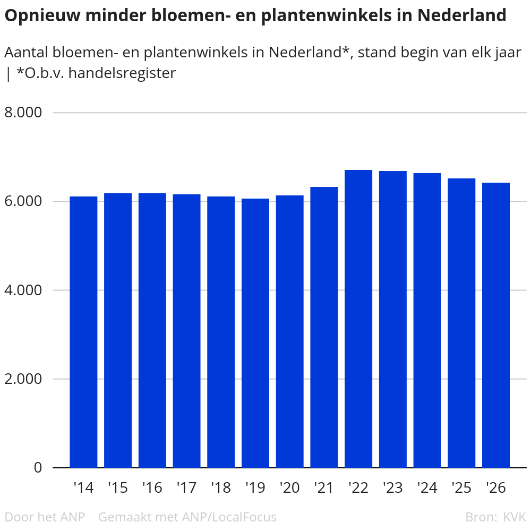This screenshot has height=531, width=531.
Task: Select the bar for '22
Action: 358,319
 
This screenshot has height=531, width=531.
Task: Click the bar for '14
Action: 83,332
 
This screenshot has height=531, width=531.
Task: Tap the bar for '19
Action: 255,333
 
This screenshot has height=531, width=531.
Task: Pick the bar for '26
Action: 496,325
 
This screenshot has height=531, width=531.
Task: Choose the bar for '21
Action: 324,327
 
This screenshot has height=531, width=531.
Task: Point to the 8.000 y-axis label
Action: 23,113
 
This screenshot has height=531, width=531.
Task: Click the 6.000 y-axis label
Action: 23,202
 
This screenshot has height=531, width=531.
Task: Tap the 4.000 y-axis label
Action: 23,290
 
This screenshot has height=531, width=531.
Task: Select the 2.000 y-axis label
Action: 23,379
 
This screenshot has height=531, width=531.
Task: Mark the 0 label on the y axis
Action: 38,468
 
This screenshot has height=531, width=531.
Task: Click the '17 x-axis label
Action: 186,487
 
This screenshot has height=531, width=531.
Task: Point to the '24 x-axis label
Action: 427,487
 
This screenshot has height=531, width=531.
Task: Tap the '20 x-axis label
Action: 289,487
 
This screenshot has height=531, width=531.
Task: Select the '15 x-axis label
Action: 117,487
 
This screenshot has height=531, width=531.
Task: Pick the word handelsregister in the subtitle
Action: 122,73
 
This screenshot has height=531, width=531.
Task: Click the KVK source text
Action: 514,517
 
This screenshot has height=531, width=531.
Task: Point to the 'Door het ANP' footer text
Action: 45,517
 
